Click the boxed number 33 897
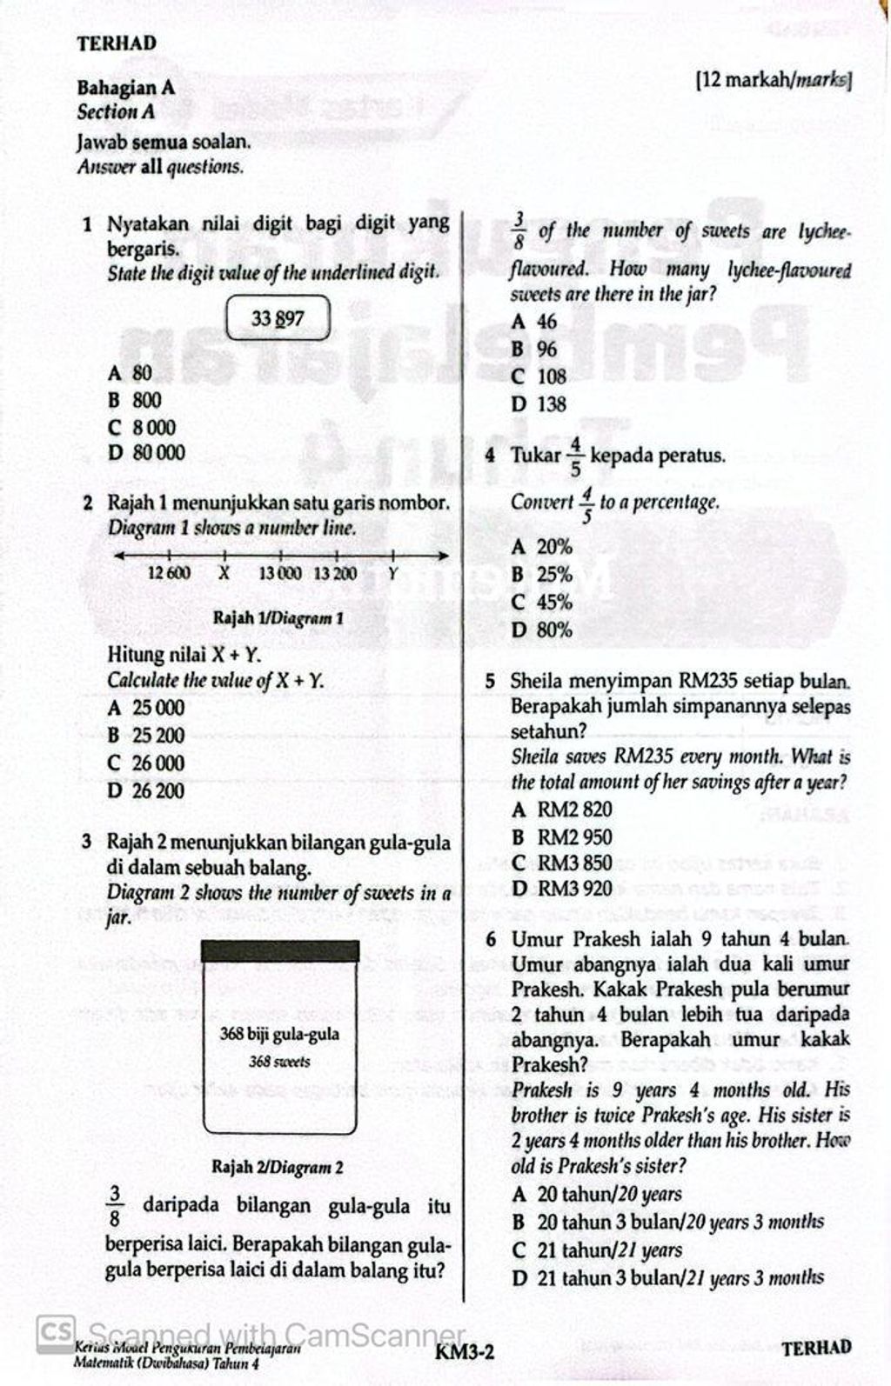(x=278, y=318)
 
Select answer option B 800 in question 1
(x=135, y=401)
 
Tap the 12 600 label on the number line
(x=170, y=573)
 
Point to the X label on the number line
(x=224, y=573)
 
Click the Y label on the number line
(x=392, y=573)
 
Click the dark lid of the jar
(x=279, y=950)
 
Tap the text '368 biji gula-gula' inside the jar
(x=279, y=1035)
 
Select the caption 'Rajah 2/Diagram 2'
(x=278, y=1167)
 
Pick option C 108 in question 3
(x=539, y=377)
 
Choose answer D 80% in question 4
(x=542, y=630)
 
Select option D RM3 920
(x=562, y=889)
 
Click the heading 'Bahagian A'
(x=126, y=88)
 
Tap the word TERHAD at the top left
(x=117, y=43)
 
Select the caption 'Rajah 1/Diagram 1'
(x=278, y=619)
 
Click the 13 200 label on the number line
(x=335, y=573)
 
